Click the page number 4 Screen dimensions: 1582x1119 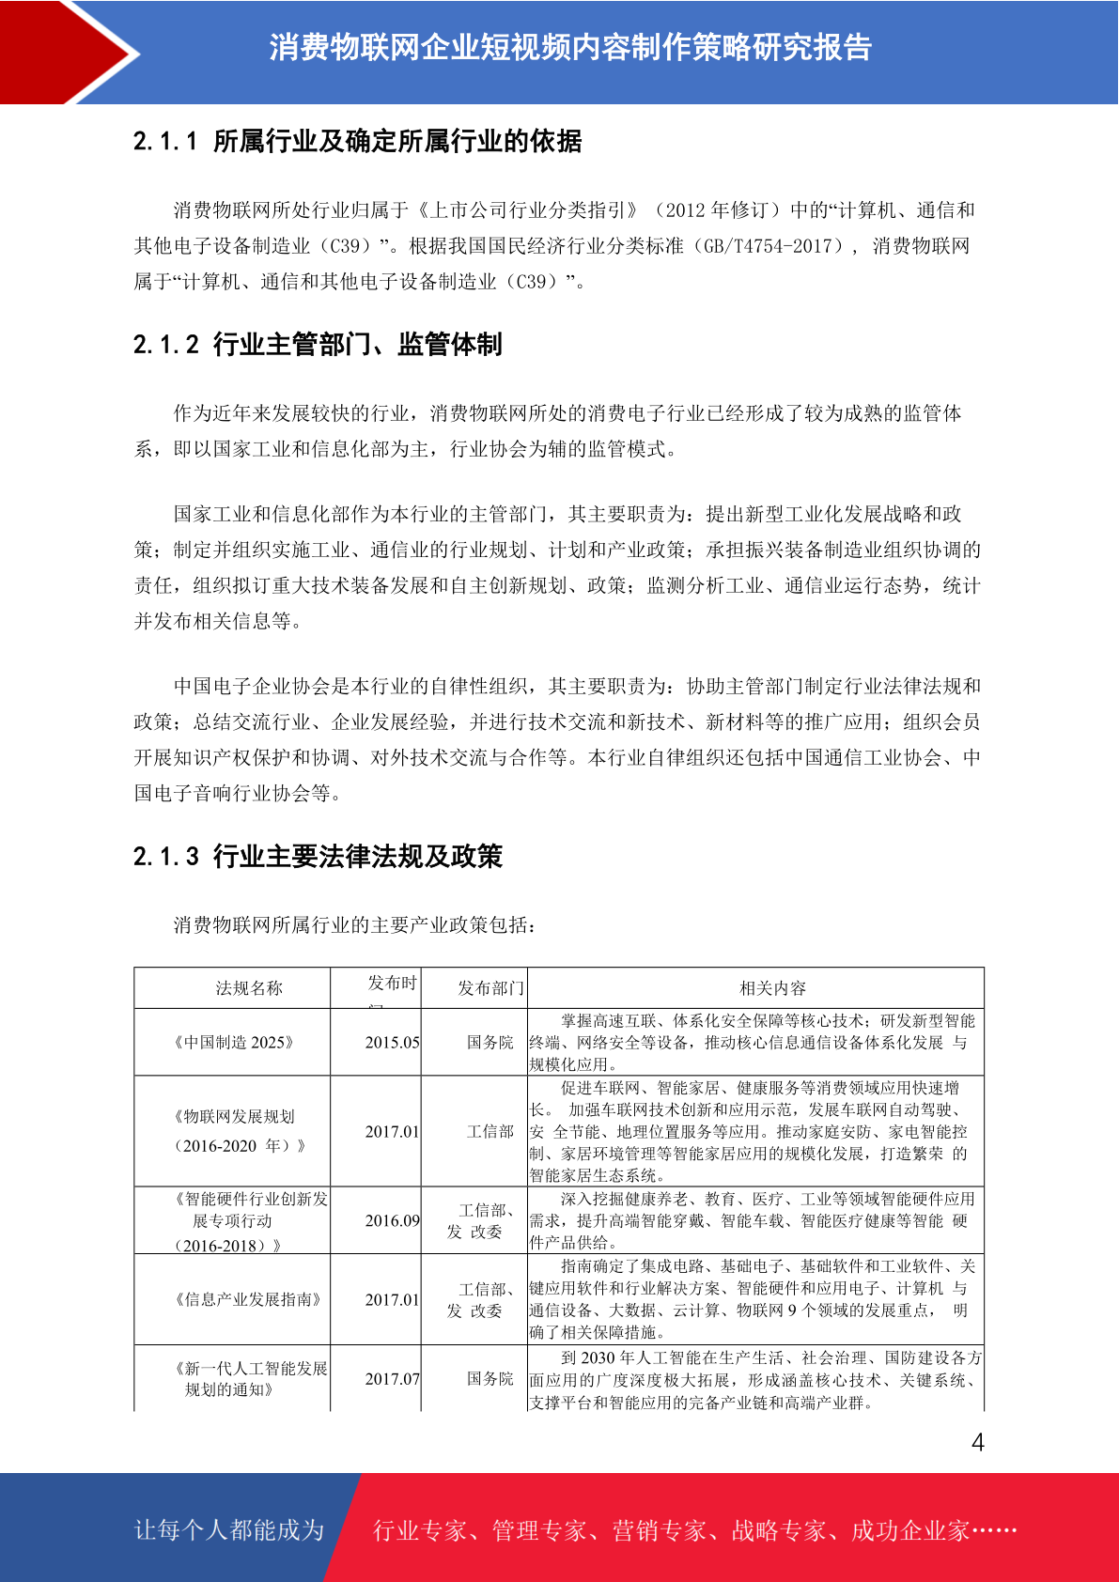pos(977,1443)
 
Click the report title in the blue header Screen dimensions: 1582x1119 pos(570,47)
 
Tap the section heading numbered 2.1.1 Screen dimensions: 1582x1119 pos(358,141)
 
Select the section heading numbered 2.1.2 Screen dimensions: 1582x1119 pos(318,345)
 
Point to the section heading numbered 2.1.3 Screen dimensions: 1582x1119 pos(318,856)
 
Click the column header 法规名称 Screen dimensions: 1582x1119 pos(249,988)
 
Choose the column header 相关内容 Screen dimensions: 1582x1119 pos(772,988)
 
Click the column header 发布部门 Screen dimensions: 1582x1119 pos(490,988)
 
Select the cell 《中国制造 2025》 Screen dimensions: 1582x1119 pos(234,1043)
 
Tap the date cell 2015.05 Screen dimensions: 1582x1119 pos(393,1043)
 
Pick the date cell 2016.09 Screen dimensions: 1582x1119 pos(393,1220)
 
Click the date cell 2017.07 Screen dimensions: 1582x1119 pos(393,1379)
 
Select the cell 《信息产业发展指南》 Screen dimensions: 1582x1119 pos(248,1299)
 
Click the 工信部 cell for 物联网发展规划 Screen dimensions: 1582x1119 pos(490,1132)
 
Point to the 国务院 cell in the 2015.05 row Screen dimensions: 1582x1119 pos(490,1043)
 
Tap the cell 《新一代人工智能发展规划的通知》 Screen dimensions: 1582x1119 pos(250,1379)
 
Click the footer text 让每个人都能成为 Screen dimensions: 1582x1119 pos(229,1530)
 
